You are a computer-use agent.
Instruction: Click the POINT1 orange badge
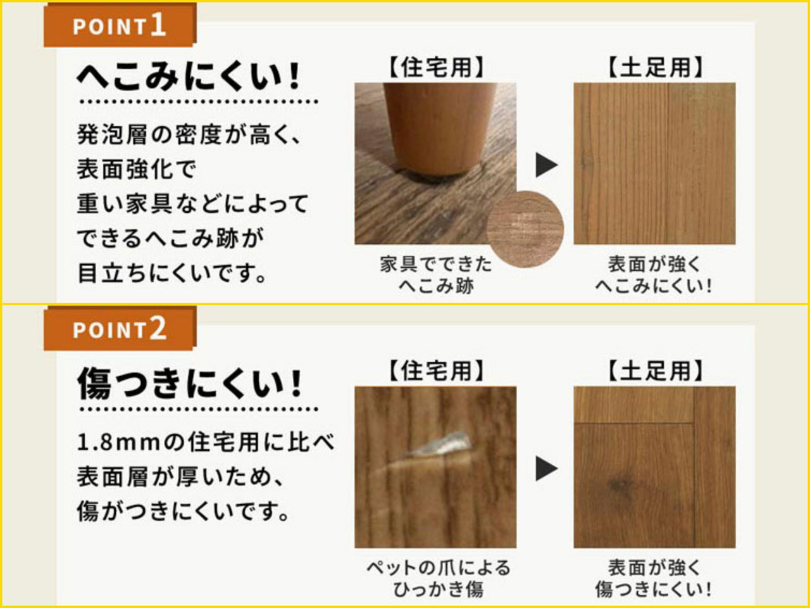(x=120, y=25)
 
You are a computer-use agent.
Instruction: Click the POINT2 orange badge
(x=120, y=329)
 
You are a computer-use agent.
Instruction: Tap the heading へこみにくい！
(x=188, y=77)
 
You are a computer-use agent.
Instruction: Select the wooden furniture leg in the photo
(x=439, y=127)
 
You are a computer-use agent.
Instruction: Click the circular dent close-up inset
(x=525, y=229)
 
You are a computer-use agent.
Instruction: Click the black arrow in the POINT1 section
(x=546, y=165)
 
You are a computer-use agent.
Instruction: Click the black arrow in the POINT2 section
(x=546, y=469)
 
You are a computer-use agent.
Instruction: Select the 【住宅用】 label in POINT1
(x=436, y=68)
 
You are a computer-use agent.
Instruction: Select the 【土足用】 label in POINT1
(x=654, y=68)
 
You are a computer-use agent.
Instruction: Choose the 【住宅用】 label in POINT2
(x=436, y=371)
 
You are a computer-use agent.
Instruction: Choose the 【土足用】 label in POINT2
(x=654, y=371)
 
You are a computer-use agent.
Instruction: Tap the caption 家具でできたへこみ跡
(x=436, y=275)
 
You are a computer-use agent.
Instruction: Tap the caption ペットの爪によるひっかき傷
(x=438, y=578)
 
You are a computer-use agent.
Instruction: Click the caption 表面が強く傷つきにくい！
(x=654, y=578)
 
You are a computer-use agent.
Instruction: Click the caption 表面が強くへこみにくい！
(x=654, y=275)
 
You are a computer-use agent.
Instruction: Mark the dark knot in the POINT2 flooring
(x=620, y=484)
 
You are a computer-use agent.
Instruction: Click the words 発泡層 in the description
(x=112, y=134)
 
